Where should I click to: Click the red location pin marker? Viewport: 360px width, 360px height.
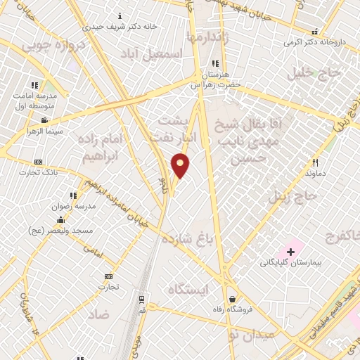181,165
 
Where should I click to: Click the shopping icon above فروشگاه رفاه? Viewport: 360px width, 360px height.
231,298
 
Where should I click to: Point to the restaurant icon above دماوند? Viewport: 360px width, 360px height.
316,162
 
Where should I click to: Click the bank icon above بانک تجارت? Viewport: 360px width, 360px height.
38,162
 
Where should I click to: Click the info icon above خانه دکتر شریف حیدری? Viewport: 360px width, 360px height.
120,15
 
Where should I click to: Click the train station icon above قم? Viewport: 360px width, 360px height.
143,299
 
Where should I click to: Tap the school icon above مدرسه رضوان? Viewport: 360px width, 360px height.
73,196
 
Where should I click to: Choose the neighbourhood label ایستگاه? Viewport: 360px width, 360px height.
188,289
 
